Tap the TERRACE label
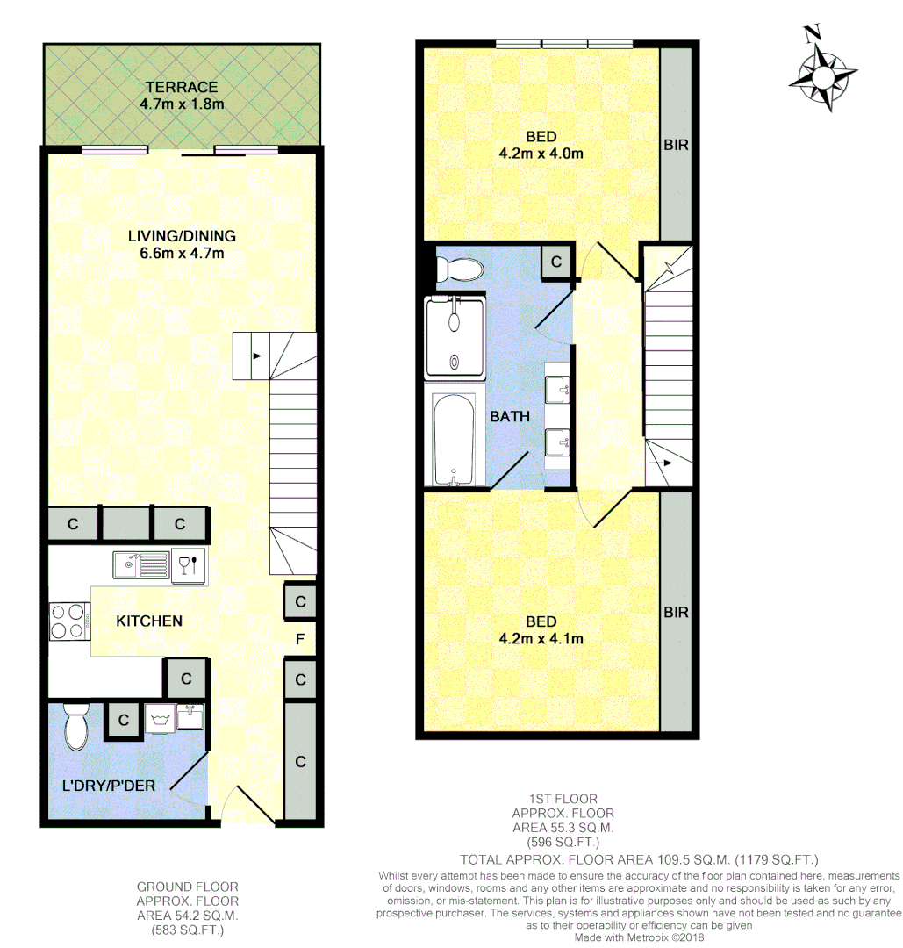[x=182, y=87]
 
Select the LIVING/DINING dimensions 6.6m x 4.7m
[x=182, y=254]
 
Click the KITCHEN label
[x=149, y=621]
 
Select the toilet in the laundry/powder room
[x=75, y=728]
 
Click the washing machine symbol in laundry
[x=160, y=720]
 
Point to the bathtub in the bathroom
[x=454, y=440]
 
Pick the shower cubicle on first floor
[x=454, y=338]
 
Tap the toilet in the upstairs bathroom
[x=458, y=269]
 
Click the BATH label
[x=510, y=416]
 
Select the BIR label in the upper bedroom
[x=676, y=145]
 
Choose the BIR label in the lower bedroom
[x=676, y=612]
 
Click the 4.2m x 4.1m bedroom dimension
[x=541, y=639]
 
